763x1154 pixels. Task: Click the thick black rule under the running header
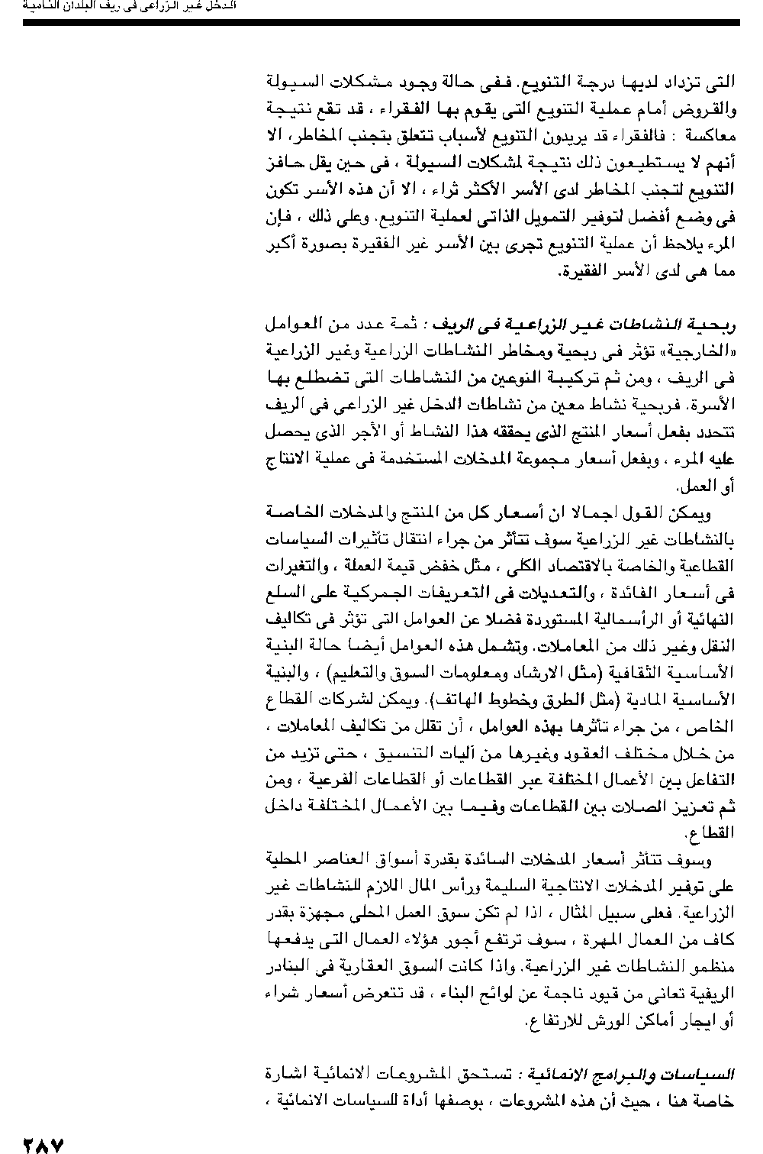[x=381, y=24]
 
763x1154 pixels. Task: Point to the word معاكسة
[x=710, y=136]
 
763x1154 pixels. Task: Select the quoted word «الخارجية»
[x=701, y=352]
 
